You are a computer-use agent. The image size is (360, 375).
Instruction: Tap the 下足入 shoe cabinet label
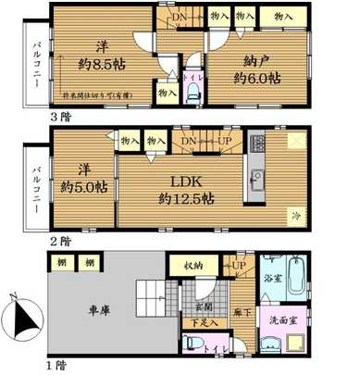click(200, 323)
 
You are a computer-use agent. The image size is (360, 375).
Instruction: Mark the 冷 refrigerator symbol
click(297, 214)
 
